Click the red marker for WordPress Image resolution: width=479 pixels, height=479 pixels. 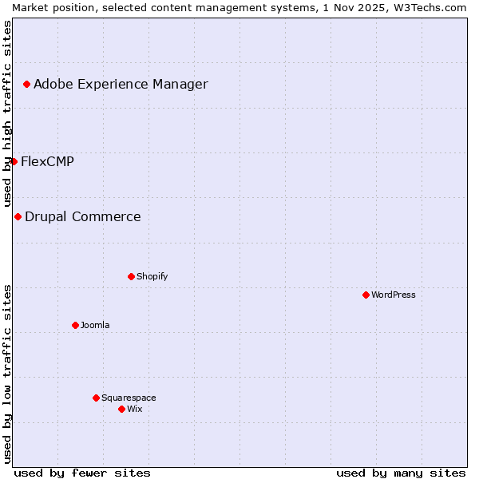click(366, 295)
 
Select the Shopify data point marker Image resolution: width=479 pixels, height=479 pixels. click(131, 276)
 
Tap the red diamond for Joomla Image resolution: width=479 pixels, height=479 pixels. click(75, 325)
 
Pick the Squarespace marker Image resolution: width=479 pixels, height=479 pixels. click(96, 398)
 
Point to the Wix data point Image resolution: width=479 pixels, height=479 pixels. click(121, 409)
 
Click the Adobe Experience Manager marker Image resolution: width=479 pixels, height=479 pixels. click(26, 84)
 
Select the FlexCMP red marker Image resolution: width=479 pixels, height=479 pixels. click(14, 161)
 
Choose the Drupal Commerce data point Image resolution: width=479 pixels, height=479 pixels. click(18, 216)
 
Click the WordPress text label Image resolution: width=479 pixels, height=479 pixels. click(394, 295)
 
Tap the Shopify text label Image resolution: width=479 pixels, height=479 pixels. click(152, 276)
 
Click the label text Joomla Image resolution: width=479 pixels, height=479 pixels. click(95, 325)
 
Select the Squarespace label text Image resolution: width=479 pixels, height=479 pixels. click(129, 398)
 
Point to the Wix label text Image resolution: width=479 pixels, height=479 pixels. click(135, 409)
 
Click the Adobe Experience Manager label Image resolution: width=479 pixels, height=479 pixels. click(121, 84)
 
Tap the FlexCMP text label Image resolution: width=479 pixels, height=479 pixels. click(47, 161)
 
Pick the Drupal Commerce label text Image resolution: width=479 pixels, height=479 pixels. click(83, 216)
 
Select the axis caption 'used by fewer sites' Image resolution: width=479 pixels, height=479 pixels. click(82, 473)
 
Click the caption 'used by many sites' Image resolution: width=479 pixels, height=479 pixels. click(401, 473)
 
